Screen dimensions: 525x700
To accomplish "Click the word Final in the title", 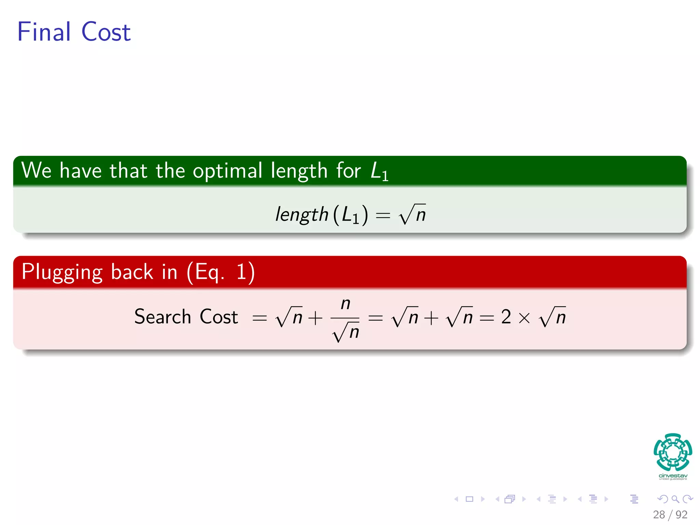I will (x=44, y=32).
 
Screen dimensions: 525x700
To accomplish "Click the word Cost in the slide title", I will (x=106, y=32).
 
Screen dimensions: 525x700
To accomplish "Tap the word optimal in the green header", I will (x=227, y=171).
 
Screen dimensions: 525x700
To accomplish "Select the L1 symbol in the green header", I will (x=379, y=171).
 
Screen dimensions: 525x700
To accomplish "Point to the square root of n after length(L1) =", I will (x=412, y=214).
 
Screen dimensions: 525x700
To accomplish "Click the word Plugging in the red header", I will (x=62, y=272).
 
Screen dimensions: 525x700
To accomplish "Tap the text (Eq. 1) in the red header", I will (x=221, y=272).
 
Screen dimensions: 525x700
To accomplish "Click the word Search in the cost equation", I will (x=162, y=317).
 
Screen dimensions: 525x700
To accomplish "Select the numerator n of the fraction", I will (x=346, y=304).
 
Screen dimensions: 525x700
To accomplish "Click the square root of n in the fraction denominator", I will (x=346, y=332).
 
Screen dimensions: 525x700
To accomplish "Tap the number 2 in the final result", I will (x=506, y=317).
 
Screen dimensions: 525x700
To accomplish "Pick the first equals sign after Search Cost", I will (x=259, y=318).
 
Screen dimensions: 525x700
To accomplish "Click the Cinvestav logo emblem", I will (x=673, y=453).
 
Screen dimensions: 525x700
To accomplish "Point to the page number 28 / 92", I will (x=670, y=514).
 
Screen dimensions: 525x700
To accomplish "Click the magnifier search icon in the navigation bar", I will (x=675, y=499).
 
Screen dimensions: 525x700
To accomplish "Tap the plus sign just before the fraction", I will (x=315, y=318).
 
